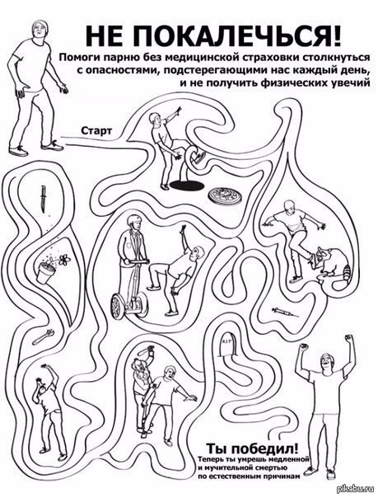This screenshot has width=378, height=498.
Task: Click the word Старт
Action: tap(96, 130)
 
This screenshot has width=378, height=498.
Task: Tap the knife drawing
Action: tap(43, 200)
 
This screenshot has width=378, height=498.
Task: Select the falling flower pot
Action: tap(45, 272)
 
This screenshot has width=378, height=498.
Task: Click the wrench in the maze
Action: tap(43, 336)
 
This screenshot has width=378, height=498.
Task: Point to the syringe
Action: tap(285, 312)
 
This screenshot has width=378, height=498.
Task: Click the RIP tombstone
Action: tap(228, 345)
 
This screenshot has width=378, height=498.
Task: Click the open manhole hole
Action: tap(185, 185)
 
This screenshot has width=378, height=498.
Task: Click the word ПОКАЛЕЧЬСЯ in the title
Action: tap(235, 36)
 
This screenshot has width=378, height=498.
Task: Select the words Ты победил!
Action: tap(253, 449)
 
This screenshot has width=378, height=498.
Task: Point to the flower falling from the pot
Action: tap(64, 260)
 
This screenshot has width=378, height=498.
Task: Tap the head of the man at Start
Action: tap(40, 31)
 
